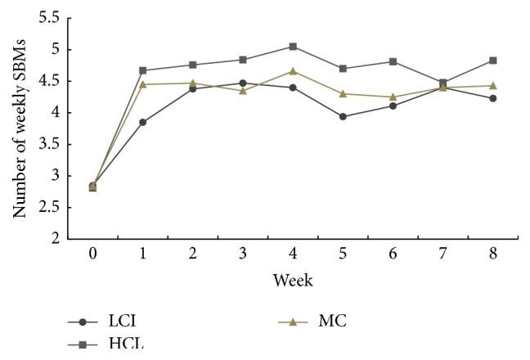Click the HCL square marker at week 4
coord(293,47)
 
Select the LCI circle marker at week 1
coord(143,122)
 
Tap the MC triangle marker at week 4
coord(293,71)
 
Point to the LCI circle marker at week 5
coord(343,116)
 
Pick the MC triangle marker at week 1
coord(143,83)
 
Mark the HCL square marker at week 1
coord(143,70)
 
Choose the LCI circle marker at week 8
coord(492,98)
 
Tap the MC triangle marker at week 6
coord(393,97)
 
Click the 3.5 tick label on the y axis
coord(47,145)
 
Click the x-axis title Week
coord(293,280)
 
